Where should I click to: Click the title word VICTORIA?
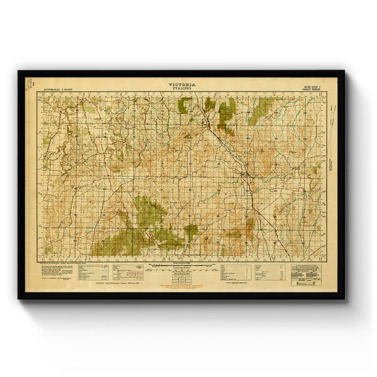(182, 85)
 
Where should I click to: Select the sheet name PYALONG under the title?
(182, 88)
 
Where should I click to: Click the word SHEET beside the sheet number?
(306, 90)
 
